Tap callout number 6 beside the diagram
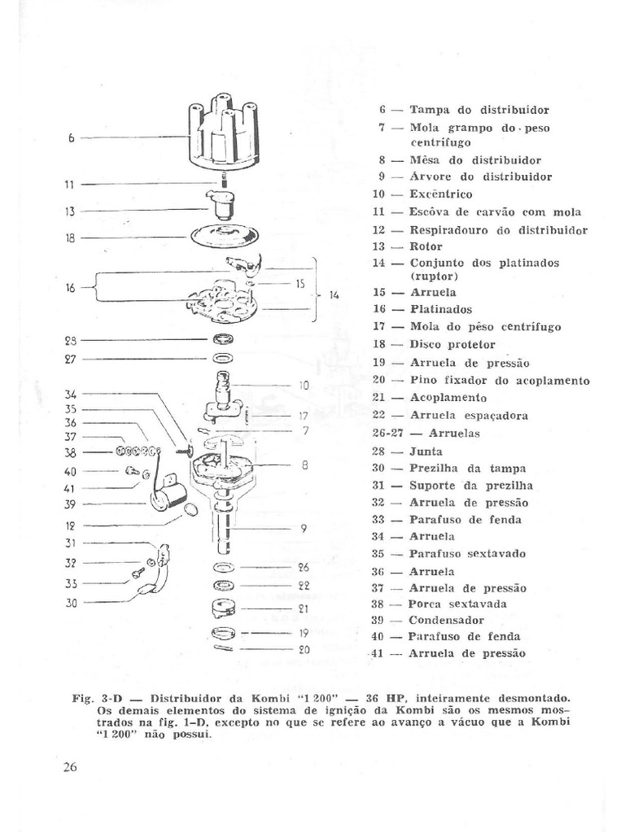72,138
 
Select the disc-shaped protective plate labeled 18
223,236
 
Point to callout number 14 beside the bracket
334,294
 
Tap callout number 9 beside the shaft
303,528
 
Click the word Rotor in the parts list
426,246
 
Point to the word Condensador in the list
445,620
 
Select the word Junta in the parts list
426,450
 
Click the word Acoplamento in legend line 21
448,398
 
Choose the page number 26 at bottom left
69,769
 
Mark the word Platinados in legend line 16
441,309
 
